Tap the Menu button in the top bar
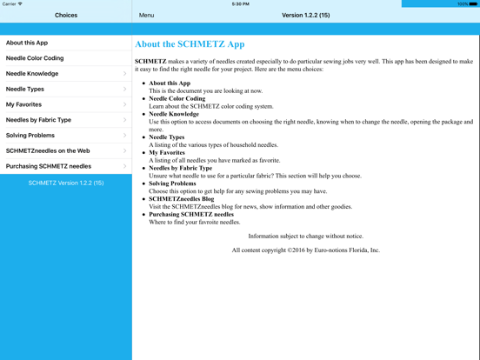(x=146, y=15)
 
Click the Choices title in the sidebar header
(x=66, y=15)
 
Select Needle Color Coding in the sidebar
(x=35, y=58)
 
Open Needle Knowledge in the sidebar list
(x=32, y=74)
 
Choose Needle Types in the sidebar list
(x=25, y=89)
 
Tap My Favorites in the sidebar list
(x=23, y=104)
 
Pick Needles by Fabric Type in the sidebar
(x=38, y=120)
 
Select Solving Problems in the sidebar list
(x=30, y=136)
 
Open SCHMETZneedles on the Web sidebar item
(x=48, y=150)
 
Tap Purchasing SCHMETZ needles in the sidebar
(x=49, y=166)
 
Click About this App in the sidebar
(x=27, y=43)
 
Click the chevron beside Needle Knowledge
(x=125, y=74)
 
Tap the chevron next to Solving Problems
(x=125, y=136)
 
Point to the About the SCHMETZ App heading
(x=190, y=44)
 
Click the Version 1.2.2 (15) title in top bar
(x=305, y=15)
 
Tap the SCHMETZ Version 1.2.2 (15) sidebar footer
(x=66, y=183)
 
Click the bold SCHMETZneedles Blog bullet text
(x=181, y=198)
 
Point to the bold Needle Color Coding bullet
(x=177, y=98)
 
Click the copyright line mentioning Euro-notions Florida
(x=305, y=250)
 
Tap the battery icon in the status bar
(x=473, y=3)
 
